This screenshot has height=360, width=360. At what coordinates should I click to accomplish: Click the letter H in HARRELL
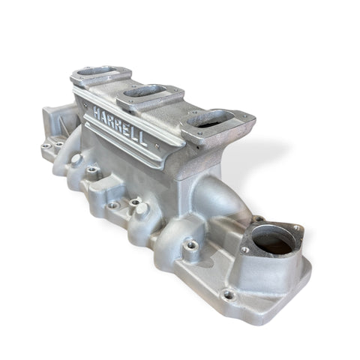click(96, 112)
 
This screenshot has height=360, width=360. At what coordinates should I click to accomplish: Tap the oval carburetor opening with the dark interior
click(211, 119)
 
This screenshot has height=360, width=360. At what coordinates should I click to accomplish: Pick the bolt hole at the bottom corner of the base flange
click(228, 295)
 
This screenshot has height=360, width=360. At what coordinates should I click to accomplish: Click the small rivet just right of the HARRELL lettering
click(157, 145)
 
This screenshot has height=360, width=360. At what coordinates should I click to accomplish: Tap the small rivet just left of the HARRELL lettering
click(85, 105)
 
